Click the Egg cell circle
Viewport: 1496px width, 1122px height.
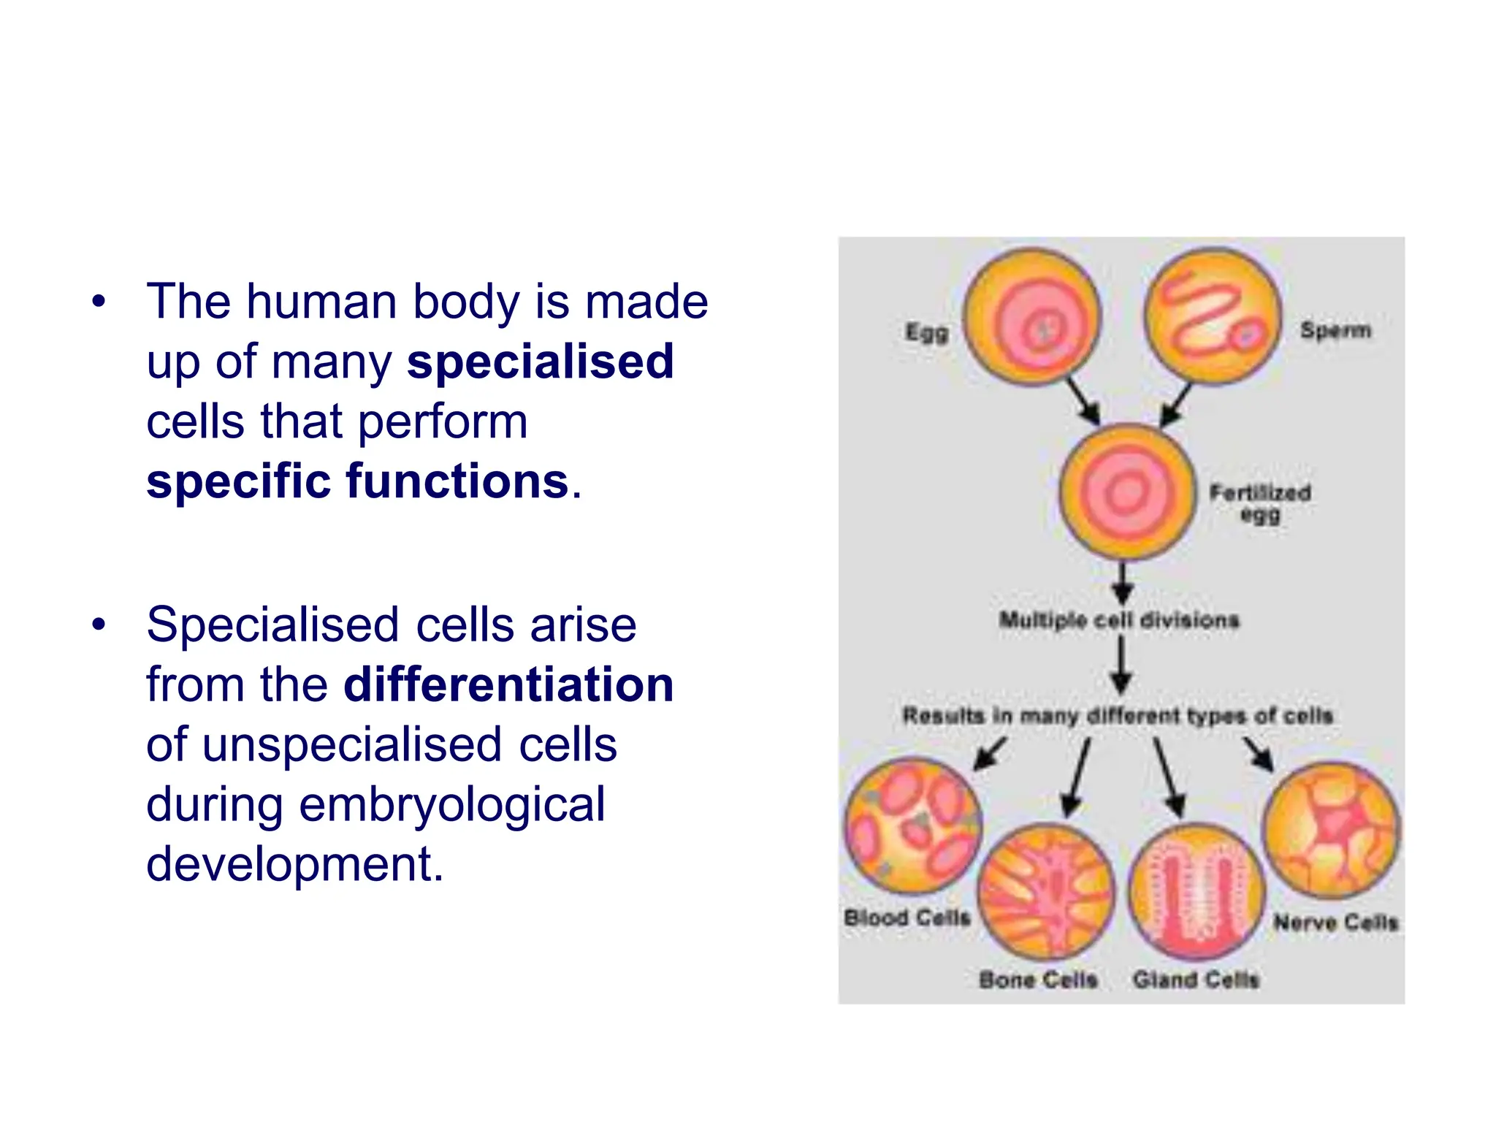(1031, 318)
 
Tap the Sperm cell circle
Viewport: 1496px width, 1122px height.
(1213, 316)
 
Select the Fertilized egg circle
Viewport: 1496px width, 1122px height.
(1127, 492)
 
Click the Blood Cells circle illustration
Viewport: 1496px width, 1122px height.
(913, 826)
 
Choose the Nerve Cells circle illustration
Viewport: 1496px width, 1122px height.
(1332, 829)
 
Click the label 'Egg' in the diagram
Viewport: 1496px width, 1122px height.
(927, 332)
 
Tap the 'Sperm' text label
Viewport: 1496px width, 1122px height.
(1335, 330)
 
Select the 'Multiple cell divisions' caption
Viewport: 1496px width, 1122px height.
(1119, 620)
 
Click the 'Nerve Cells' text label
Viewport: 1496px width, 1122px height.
(1336, 922)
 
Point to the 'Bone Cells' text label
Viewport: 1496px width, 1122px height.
(1038, 980)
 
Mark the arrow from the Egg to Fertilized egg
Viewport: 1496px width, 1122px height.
(1083, 400)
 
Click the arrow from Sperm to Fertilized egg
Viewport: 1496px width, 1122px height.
(1176, 404)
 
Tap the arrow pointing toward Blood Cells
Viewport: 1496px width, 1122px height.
(991, 753)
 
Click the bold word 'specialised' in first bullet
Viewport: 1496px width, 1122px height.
(541, 362)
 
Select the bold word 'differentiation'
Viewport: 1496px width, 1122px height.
(508, 684)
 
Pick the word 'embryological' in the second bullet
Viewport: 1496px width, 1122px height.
(452, 804)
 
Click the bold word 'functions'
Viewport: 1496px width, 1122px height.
(457, 481)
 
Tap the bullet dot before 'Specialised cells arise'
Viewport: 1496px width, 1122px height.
(99, 625)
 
